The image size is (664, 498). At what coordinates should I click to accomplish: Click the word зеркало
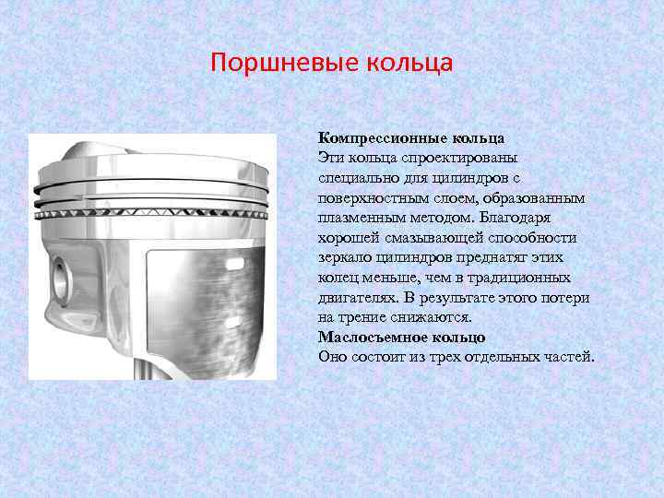click(347, 257)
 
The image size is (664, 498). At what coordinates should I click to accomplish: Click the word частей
click(567, 357)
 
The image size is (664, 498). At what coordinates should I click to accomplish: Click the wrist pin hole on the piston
click(60, 278)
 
